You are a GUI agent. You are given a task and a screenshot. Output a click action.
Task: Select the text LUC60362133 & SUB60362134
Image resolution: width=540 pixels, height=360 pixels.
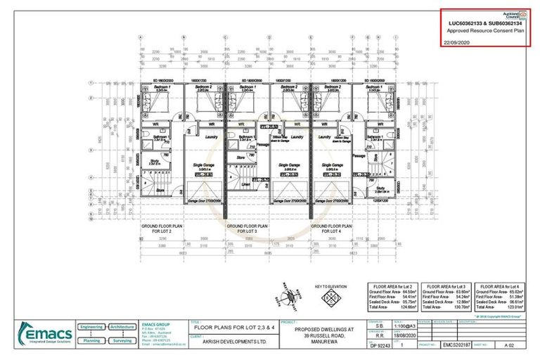[484, 23]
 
